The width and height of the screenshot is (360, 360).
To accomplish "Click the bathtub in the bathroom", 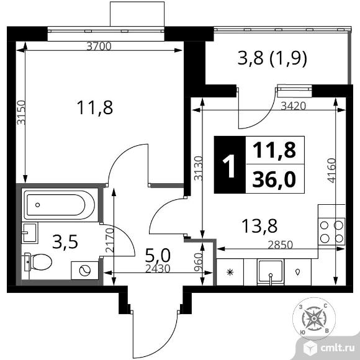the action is [59, 205].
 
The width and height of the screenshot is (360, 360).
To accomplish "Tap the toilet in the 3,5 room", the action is [38, 262].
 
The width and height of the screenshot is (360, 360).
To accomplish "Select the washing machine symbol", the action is [84, 271].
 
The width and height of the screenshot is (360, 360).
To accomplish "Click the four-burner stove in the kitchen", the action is [331, 232].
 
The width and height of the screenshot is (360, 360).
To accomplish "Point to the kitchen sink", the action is [271, 272].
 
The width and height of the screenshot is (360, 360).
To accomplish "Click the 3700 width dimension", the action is [99, 47].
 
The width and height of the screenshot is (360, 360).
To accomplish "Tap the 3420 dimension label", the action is [294, 106].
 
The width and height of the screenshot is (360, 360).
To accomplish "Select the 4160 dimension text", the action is [331, 170].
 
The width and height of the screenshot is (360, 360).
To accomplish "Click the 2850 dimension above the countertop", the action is [281, 245].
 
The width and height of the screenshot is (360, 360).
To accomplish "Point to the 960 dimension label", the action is [198, 263].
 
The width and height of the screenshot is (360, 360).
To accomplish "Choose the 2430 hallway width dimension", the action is [158, 268].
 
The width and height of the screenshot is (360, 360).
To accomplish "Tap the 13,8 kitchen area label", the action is [259, 226].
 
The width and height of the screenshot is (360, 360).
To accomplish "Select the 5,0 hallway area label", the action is [158, 256].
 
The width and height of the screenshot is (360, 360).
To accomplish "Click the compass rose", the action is [314, 318].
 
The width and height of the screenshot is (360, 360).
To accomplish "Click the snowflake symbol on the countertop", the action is [230, 272].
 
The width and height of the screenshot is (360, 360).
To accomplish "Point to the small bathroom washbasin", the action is [30, 233].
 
